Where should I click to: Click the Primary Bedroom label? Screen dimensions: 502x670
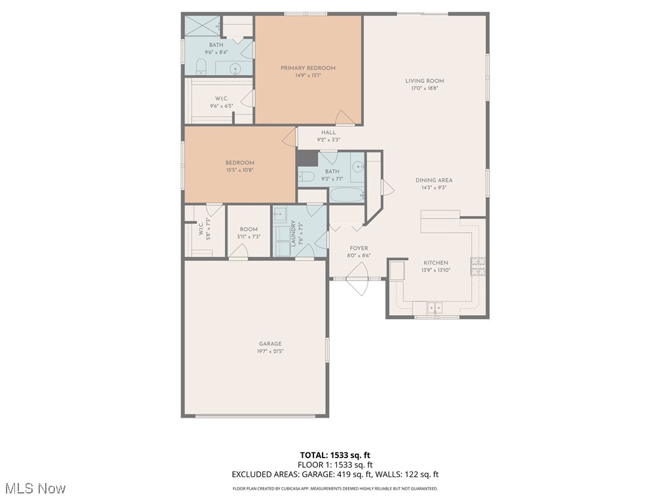pyautogui.click(x=308, y=68)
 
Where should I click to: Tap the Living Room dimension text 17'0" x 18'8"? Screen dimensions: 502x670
pyautogui.click(x=424, y=88)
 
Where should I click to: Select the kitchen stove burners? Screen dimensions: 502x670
pyautogui.click(x=478, y=265)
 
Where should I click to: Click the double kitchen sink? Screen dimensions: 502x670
pyautogui.click(x=435, y=307)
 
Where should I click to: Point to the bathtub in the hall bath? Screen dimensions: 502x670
pyautogui.click(x=346, y=195)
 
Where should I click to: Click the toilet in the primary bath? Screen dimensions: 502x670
pyautogui.click(x=202, y=66)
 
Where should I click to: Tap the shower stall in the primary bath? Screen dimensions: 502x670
pyautogui.click(x=202, y=25)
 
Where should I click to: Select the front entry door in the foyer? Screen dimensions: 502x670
pyautogui.click(x=358, y=279)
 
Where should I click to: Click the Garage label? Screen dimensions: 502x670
pyautogui.click(x=270, y=344)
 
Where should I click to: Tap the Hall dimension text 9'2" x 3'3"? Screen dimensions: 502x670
pyautogui.click(x=328, y=139)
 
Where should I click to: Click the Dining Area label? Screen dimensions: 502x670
pyautogui.click(x=433, y=180)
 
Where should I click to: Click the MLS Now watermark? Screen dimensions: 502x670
pyautogui.click(x=36, y=488)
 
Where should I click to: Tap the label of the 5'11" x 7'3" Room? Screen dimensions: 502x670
pyautogui.click(x=248, y=229)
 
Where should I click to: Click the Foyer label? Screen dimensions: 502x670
pyautogui.click(x=359, y=248)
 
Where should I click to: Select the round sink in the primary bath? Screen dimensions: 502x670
pyautogui.click(x=236, y=67)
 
